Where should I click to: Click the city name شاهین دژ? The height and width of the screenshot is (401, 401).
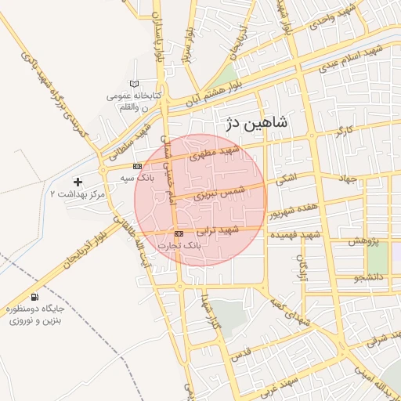click(x=251, y=122)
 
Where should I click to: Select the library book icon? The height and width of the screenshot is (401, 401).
click(x=134, y=84)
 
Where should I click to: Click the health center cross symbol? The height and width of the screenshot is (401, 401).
click(x=78, y=182)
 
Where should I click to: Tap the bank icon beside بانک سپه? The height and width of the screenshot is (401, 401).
click(x=138, y=166)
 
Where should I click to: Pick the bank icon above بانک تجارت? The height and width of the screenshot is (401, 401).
click(x=179, y=233)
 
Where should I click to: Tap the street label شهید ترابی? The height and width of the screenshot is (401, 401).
click(x=217, y=230)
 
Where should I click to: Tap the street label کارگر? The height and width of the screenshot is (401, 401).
click(x=344, y=130)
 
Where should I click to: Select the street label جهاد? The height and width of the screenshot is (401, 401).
click(x=348, y=179)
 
